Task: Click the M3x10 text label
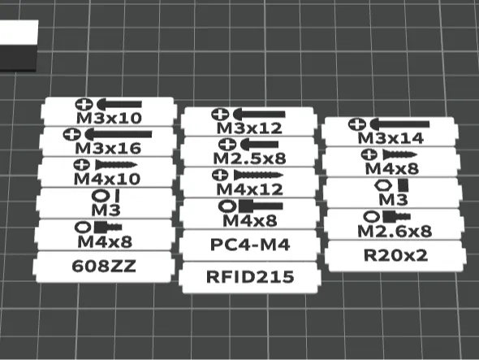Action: [109, 118]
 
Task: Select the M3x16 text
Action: [108, 149]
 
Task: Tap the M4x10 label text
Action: [107, 179]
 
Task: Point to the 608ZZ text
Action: [104, 266]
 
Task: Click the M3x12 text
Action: [249, 128]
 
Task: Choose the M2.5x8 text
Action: [249, 158]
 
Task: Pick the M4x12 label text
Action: [249, 189]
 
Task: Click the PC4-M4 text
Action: [250, 245]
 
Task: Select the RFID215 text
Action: [250, 276]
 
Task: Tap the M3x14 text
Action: [391, 138]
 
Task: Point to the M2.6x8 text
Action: [395, 232]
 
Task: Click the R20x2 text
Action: [395, 255]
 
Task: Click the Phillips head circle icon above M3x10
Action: [84, 105]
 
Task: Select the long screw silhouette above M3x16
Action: [118, 134]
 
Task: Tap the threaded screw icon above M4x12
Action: [258, 175]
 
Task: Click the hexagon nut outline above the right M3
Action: [383, 185]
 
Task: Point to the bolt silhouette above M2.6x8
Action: [396, 216]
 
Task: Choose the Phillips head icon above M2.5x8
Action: [227, 144]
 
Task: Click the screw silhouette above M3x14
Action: [399, 124]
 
